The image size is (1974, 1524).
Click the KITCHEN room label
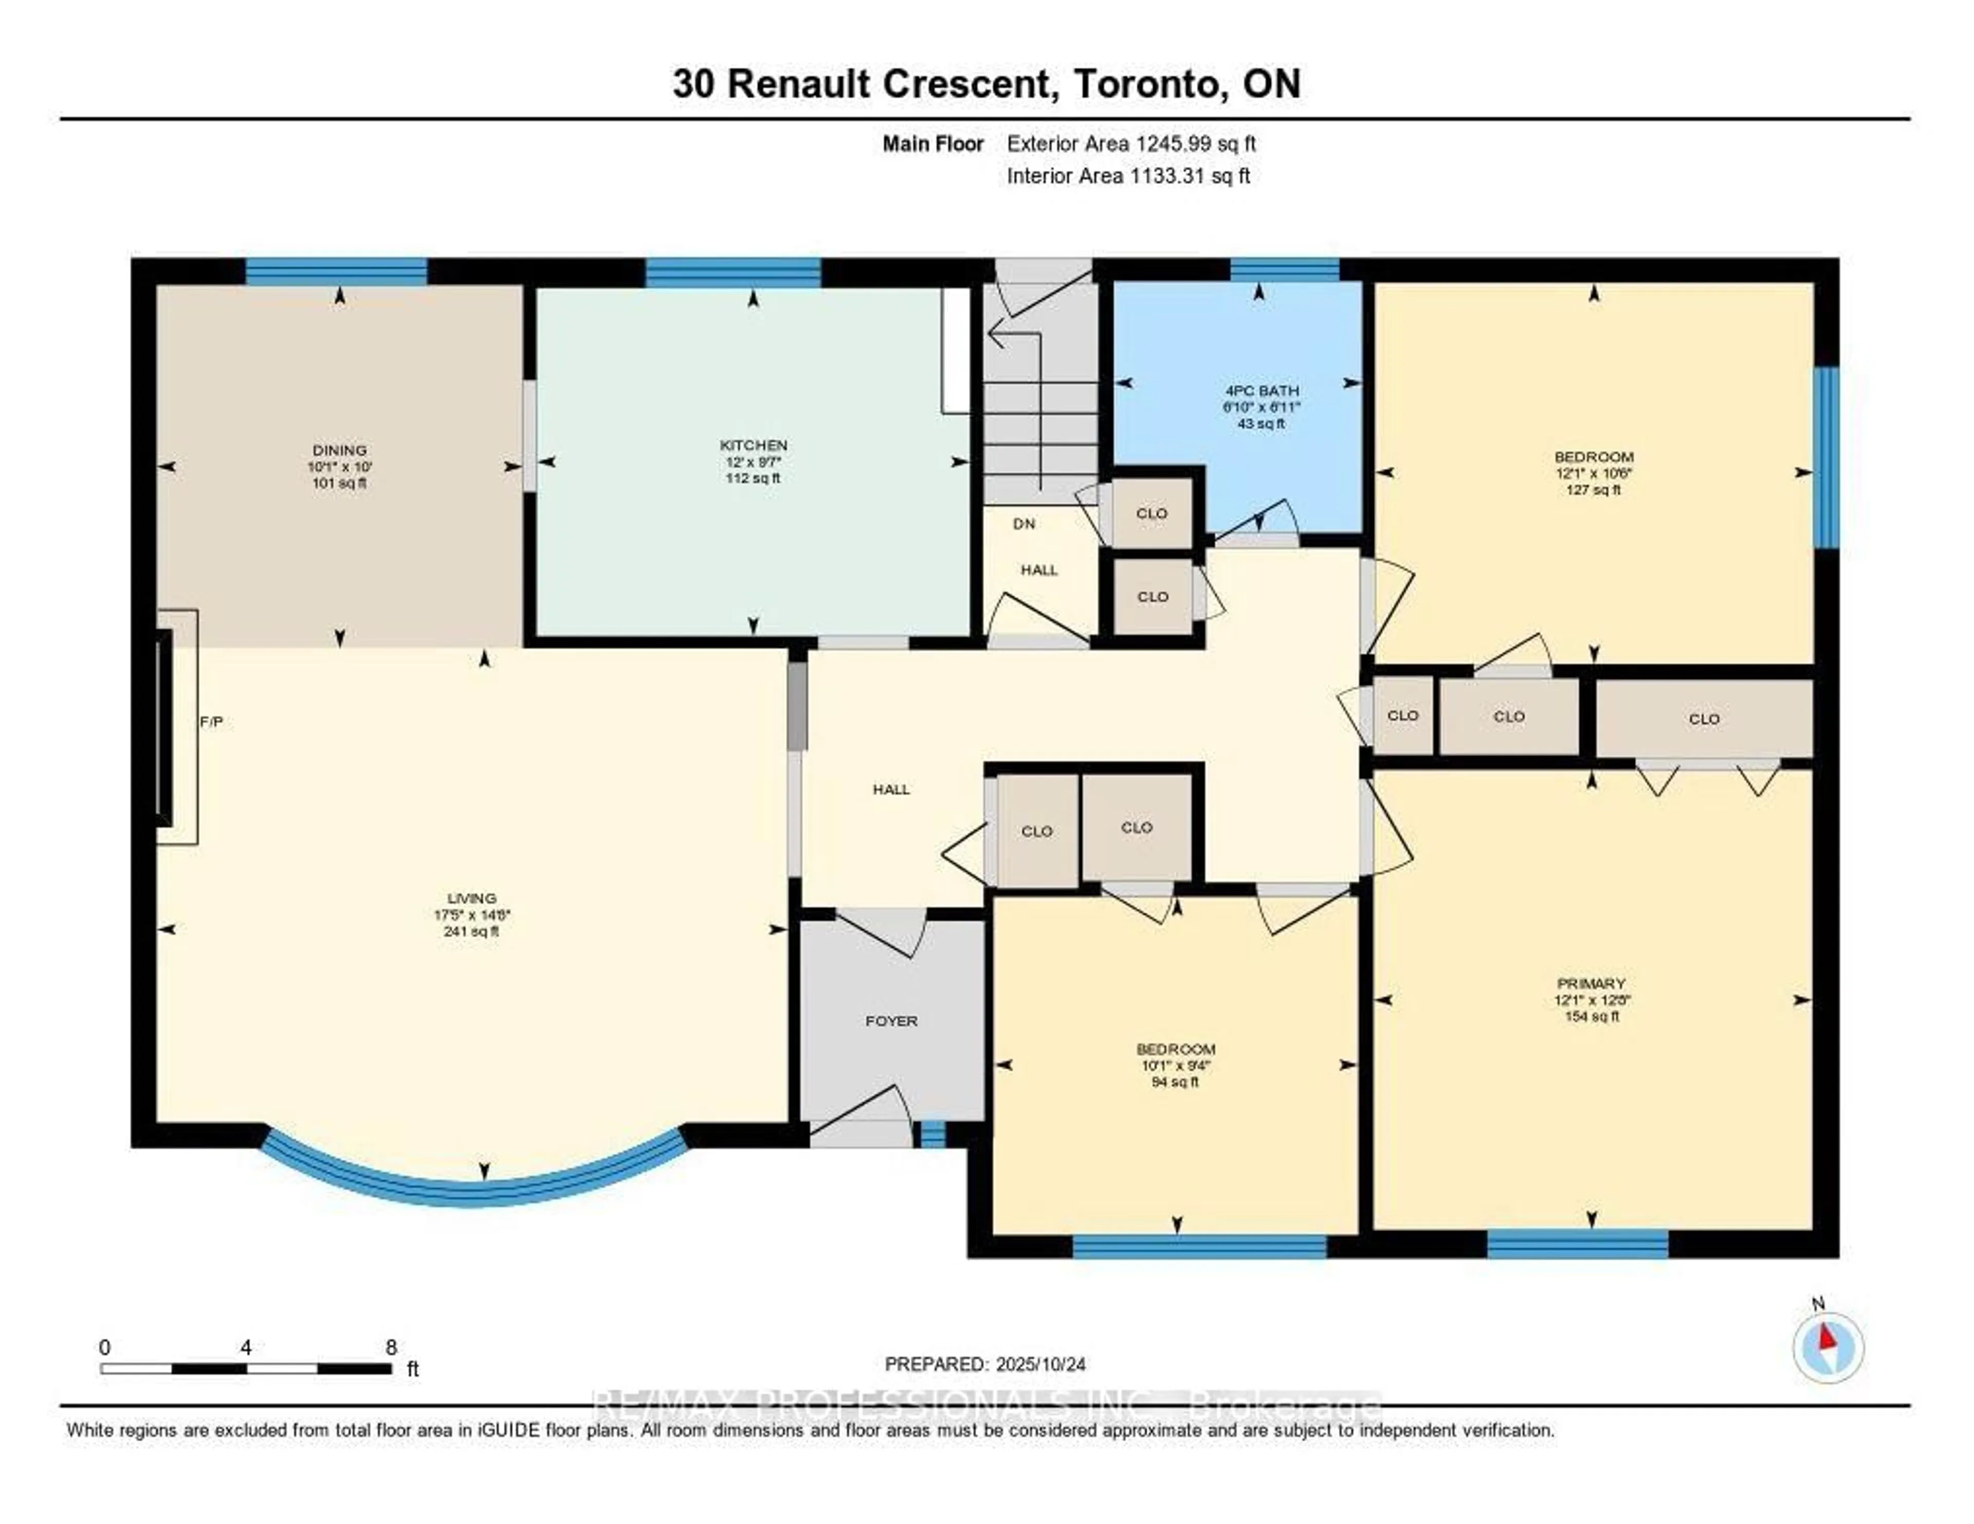[753, 445]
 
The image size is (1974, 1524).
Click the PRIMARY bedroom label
[1591, 983]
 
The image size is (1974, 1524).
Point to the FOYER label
[891, 1020]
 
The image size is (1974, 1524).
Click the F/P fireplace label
[211, 721]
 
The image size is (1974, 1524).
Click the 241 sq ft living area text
[471, 931]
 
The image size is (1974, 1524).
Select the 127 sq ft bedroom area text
[1594, 489]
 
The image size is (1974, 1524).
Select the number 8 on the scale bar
[391, 1347]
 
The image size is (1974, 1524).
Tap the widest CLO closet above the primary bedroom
[1704, 719]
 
